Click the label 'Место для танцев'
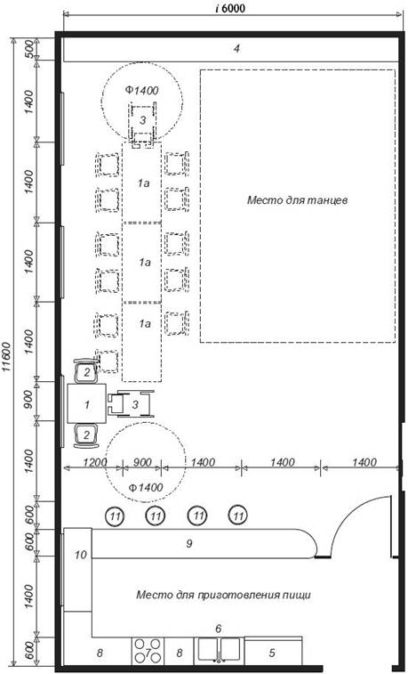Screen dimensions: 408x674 pos(297,200)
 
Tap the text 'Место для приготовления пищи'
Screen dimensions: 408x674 pos(223,596)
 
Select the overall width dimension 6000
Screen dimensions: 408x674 pos(234,8)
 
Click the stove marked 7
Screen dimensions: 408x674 pos(147,651)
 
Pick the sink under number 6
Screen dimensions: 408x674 pos(219,650)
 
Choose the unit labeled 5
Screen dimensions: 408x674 pos(273,651)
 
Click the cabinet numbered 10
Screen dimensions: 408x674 pos(77,569)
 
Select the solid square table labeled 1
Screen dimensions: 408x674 pos(86,404)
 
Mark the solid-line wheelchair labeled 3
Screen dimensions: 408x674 pos(131,404)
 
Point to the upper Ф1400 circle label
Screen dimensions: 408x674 pos(142,90)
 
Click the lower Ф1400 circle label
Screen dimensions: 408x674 pos(146,487)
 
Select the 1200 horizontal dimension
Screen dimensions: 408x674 pos(92,462)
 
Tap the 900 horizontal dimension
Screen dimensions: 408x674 pos(142,462)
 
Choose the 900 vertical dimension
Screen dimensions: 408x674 pos(28,401)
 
